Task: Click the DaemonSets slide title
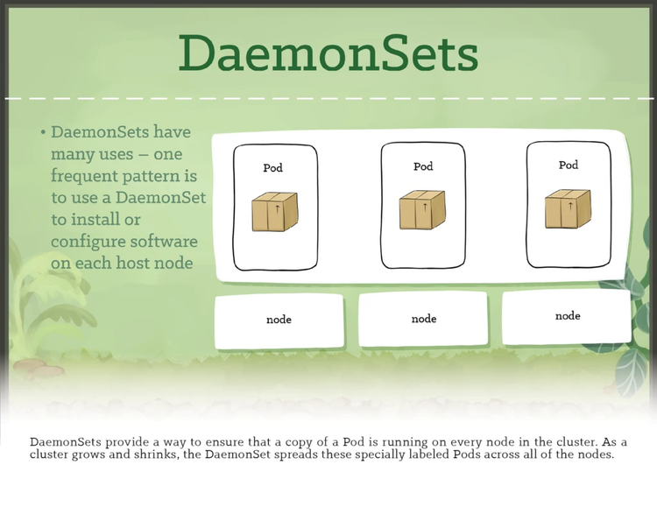pyautogui.click(x=328, y=53)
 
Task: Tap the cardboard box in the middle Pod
pyautogui.click(x=423, y=210)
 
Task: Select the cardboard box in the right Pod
pyautogui.click(x=569, y=209)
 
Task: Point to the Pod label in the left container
pyautogui.click(x=273, y=167)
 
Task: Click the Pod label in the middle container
pyautogui.click(x=423, y=165)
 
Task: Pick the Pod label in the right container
pyautogui.click(x=569, y=165)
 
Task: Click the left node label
pyautogui.click(x=279, y=320)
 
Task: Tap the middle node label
pyautogui.click(x=424, y=319)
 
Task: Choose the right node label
pyautogui.click(x=568, y=315)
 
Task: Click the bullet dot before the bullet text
pyautogui.click(x=42, y=133)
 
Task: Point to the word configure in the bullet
pyautogui.click(x=91, y=241)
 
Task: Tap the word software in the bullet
pyautogui.click(x=169, y=241)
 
